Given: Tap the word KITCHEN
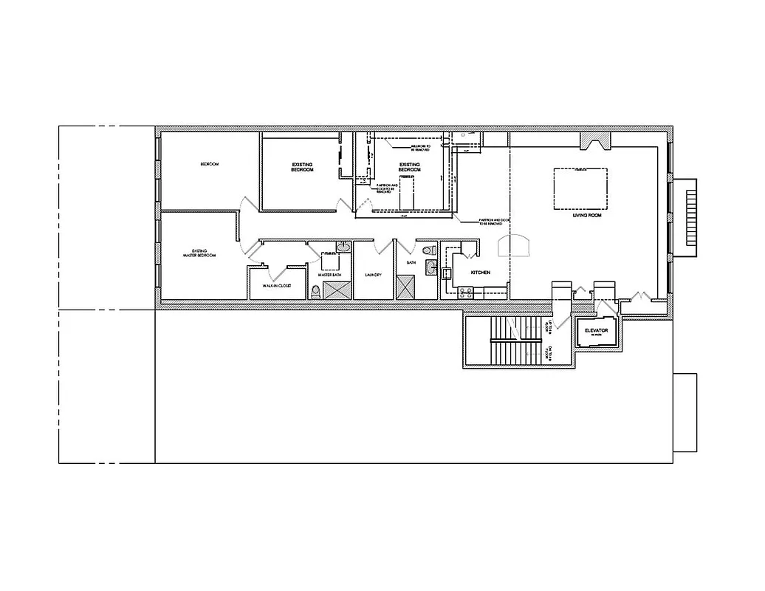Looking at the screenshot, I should click(481, 273).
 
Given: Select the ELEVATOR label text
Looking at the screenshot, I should click(595, 330).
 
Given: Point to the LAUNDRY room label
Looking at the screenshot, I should click(373, 276).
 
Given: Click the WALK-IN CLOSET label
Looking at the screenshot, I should click(277, 285).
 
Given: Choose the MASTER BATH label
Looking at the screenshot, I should click(329, 276).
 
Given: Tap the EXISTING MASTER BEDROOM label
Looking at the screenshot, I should click(199, 253).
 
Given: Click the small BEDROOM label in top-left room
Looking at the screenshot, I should click(210, 164).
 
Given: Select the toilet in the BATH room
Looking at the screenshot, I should click(427, 251).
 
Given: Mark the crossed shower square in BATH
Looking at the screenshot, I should click(406, 286).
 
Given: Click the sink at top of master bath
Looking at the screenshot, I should click(343, 247).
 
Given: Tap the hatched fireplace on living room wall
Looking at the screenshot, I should click(595, 140).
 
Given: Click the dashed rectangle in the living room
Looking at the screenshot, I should click(580, 188).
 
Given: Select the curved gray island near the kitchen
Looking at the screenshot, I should click(515, 245).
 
